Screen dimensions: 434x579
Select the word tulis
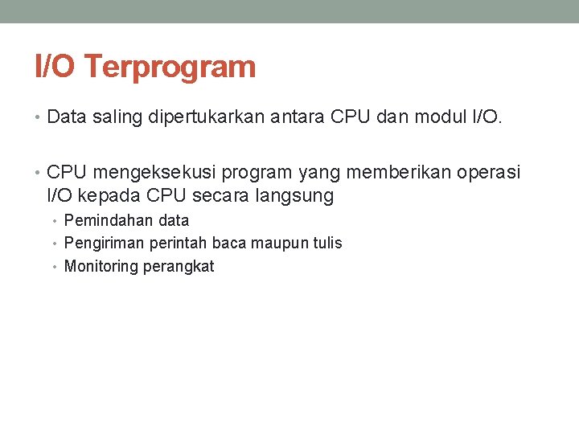[326, 243]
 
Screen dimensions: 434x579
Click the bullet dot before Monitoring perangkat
[57, 266]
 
